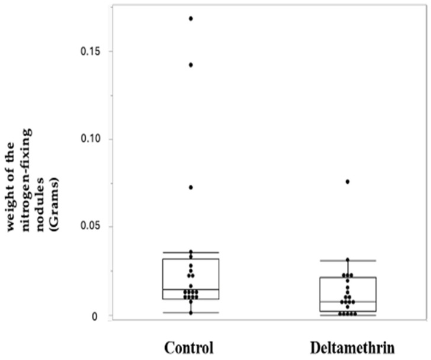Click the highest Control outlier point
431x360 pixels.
point(191,18)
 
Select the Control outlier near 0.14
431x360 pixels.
point(191,65)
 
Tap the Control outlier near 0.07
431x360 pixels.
point(191,187)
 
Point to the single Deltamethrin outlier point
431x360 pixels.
point(348,182)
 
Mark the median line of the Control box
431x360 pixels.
point(191,290)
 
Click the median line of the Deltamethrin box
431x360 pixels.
point(348,302)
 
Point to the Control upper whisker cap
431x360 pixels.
point(191,253)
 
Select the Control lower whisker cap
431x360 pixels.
point(191,313)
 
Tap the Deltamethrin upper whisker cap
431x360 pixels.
point(348,261)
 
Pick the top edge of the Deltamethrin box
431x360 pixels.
point(348,278)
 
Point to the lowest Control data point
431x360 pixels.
point(191,312)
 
